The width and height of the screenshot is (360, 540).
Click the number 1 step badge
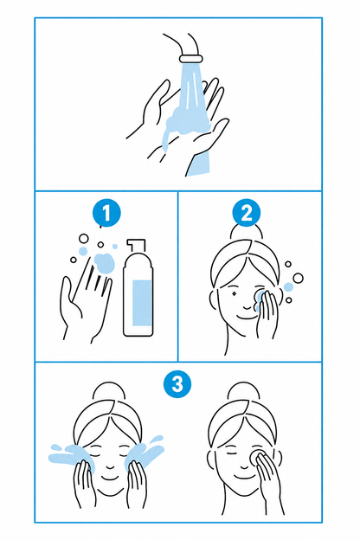[106, 213]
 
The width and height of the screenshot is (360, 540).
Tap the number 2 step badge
[247, 213]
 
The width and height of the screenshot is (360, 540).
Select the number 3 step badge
[177, 383]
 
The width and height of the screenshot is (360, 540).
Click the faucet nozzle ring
[191, 59]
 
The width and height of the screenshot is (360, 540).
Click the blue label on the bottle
[142, 303]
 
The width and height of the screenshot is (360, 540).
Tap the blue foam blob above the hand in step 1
[104, 263]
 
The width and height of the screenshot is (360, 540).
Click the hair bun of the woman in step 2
[247, 231]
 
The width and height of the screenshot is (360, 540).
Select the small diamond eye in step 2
[235, 294]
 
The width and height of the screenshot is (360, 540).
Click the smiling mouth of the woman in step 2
[247, 316]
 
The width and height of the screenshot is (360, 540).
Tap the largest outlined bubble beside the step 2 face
[298, 278]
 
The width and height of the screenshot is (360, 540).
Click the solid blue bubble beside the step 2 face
[288, 287]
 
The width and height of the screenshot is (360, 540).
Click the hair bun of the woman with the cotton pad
[243, 392]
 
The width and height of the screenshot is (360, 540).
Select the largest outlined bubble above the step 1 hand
[84, 238]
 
